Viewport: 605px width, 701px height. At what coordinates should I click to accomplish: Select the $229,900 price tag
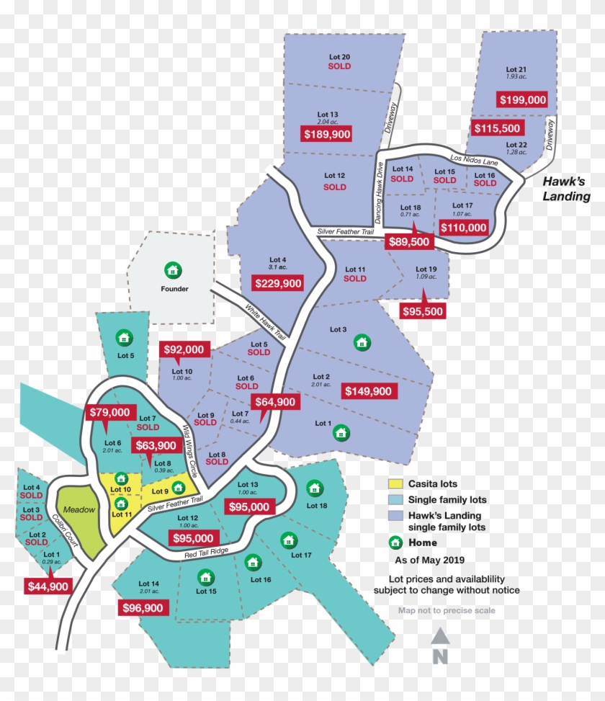[277, 283]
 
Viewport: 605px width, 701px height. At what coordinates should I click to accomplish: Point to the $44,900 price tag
[48, 586]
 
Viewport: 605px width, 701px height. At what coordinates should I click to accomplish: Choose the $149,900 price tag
[368, 391]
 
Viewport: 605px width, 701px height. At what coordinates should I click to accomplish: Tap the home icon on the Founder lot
[171, 270]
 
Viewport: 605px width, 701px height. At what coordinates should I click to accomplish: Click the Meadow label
[82, 509]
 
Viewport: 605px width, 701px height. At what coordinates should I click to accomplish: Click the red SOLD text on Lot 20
[339, 66]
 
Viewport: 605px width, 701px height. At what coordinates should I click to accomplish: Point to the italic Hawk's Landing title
[566, 189]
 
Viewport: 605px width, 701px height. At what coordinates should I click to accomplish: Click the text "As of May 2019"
[429, 560]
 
